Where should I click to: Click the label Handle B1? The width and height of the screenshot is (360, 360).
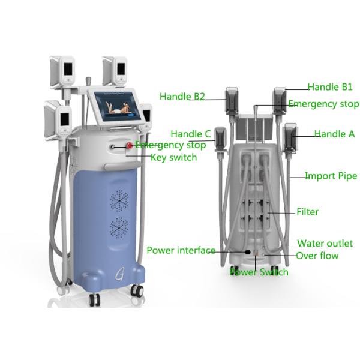pyautogui.click(x=329, y=87)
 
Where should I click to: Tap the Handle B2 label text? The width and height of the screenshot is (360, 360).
pyautogui.click(x=182, y=97)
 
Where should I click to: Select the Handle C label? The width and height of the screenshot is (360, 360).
pyautogui.click(x=191, y=134)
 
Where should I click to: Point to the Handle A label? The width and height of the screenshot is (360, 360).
pyautogui.click(x=334, y=134)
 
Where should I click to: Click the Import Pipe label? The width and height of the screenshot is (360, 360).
pyautogui.click(x=331, y=176)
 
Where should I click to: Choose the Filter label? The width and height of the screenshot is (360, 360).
pyautogui.click(x=307, y=212)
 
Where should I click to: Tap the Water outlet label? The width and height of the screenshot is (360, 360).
pyautogui.click(x=325, y=243)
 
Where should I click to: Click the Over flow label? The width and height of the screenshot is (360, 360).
pyautogui.click(x=317, y=256)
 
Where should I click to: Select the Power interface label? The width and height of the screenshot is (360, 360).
pyautogui.click(x=181, y=250)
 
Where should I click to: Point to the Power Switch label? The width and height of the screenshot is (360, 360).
pyautogui.click(x=259, y=272)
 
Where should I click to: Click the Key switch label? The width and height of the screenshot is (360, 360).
pyautogui.click(x=174, y=157)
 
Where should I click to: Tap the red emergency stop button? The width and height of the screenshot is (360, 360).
pyautogui.click(x=130, y=145)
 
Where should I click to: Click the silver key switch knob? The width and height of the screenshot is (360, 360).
pyautogui.click(x=113, y=146)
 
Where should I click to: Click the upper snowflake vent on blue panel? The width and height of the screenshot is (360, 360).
pyautogui.click(x=119, y=200)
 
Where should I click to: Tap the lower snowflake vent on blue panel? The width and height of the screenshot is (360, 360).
pyautogui.click(x=119, y=228)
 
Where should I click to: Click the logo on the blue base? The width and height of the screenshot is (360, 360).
pyautogui.click(x=119, y=274)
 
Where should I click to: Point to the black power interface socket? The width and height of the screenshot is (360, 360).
pyautogui.click(x=247, y=252)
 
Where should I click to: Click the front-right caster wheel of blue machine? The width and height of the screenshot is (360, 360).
pyautogui.click(x=137, y=290)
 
